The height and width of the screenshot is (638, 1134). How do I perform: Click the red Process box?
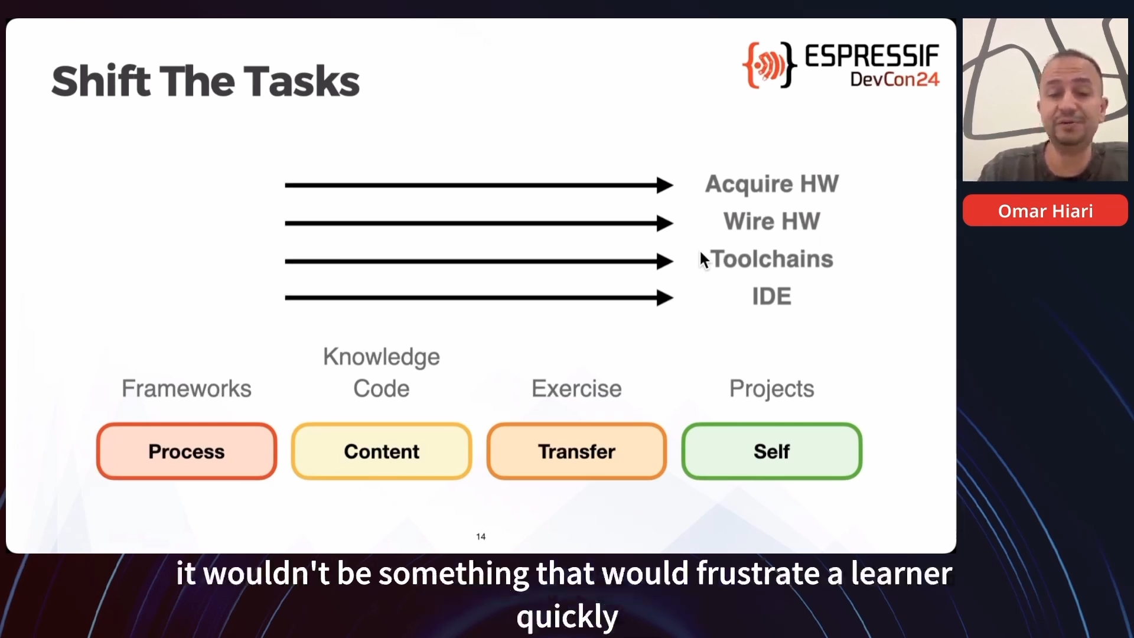pos(187,451)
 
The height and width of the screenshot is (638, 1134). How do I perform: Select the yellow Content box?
pos(382,451)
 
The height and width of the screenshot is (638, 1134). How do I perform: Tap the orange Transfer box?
pos(577,451)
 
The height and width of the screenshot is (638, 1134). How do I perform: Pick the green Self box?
pos(772,451)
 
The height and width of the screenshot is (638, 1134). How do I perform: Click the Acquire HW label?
pos(772,184)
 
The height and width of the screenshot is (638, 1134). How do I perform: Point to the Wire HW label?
pos(772,222)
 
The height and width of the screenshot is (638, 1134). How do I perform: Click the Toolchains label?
pos(772,259)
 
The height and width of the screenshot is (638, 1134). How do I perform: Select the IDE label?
pos(772,296)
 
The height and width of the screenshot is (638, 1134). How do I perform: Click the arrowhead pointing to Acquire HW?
pos(664,185)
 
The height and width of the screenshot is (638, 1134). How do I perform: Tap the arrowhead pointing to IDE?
pos(664,298)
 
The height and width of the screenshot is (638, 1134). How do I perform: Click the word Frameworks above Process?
pos(187,389)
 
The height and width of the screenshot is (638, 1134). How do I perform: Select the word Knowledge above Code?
pos(382,357)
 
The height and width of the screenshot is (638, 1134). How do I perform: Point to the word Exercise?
pos(577,389)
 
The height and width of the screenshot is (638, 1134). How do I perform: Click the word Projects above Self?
pos(772,389)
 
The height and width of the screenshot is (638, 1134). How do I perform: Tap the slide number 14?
pos(481,536)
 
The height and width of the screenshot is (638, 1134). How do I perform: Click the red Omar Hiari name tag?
pos(1045,211)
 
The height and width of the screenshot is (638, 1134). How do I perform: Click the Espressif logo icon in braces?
pos(769,65)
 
